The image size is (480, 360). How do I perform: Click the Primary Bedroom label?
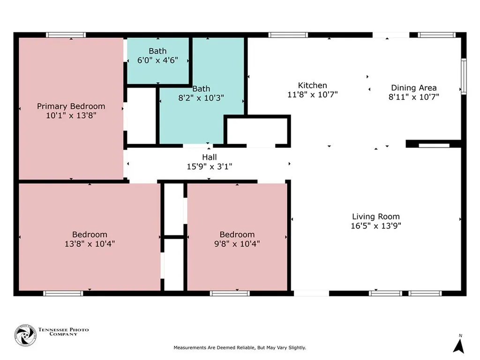tap(71, 106)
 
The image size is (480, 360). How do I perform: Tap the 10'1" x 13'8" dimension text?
tap(71, 115)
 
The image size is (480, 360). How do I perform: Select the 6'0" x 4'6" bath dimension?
tap(157, 60)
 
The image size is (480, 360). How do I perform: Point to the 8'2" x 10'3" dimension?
tap(201, 98)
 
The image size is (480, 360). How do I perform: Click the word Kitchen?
tap(313, 85)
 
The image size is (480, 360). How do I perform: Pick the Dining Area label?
tap(414, 88)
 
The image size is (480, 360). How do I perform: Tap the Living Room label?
tap(376, 217)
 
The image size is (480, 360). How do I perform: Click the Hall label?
tap(210, 157)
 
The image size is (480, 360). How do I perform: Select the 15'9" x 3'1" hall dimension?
tap(210, 166)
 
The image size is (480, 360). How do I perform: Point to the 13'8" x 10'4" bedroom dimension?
tap(90, 244)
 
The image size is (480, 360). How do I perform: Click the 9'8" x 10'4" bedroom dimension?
tap(237, 244)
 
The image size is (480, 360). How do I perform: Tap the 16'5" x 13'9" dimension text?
tap(376, 226)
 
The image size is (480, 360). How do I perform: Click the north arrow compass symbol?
tap(459, 346)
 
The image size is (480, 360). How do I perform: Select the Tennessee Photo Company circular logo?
tap(25, 335)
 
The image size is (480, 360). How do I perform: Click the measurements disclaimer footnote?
tap(240, 348)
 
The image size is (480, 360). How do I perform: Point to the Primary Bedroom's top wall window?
tap(66, 35)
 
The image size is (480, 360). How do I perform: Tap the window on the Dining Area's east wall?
tap(464, 76)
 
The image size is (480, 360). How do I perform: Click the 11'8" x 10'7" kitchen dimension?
tap(313, 95)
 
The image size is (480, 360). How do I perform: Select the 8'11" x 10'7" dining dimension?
tap(414, 97)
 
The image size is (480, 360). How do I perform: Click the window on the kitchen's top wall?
tap(288, 35)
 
